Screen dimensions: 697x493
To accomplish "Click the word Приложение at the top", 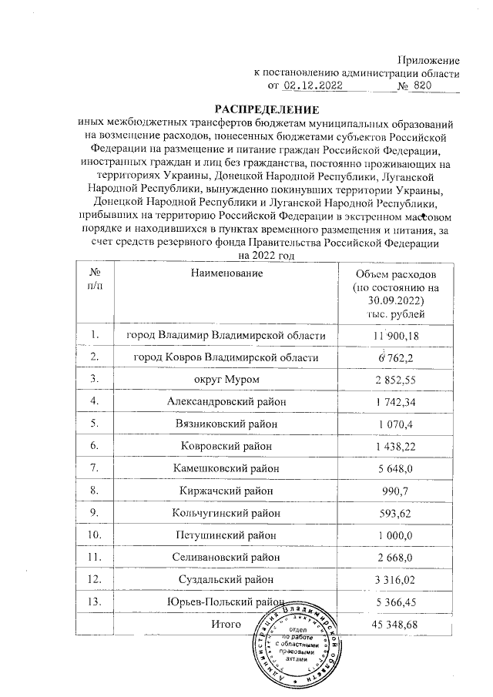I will pyautogui.click(x=428, y=61).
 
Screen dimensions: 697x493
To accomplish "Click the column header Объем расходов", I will pyautogui.click(x=392, y=275).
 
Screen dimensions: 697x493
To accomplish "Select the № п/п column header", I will pyautogui.click(x=96, y=279).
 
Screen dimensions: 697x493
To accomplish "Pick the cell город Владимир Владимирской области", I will pyautogui.click(x=223, y=335).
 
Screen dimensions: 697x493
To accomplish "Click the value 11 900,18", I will pyautogui.click(x=391, y=335).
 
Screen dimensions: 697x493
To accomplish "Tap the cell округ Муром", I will pyautogui.click(x=223, y=379).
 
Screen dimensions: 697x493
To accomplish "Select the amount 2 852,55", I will pyautogui.click(x=391, y=379).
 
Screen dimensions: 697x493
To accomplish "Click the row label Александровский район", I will pyautogui.click(x=223, y=401).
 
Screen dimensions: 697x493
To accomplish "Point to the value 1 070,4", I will pyautogui.click(x=391, y=424).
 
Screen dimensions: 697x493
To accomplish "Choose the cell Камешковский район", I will pyautogui.click(x=223, y=467).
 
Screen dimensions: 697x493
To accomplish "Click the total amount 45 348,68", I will pyautogui.click(x=391, y=624).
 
